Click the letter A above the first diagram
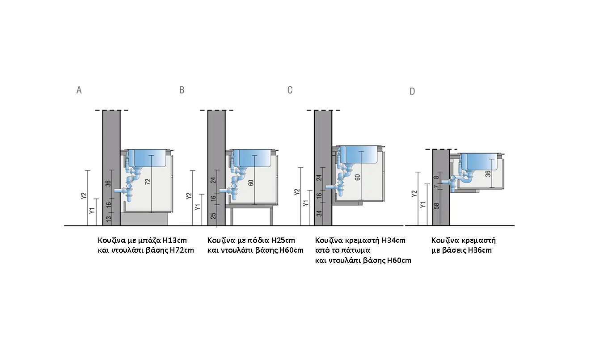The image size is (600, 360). tap(79, 90)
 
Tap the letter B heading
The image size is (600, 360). tap(182, 90)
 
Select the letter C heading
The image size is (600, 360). tap(290, 90)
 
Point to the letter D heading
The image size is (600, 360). tap(413, 91)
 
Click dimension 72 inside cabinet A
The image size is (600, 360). tap(148, 182)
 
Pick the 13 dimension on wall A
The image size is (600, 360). tap(109, 219)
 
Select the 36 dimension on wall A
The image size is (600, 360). tap(108, 183)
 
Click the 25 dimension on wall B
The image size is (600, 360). tap(213, 216)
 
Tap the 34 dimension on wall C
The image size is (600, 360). tap(319, 213)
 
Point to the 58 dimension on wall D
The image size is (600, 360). tap(437, 206)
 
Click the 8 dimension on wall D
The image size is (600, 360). tap(436, 178)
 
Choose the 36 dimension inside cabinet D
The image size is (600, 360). tap(488, 174)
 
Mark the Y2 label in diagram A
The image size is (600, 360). tap(84, 196)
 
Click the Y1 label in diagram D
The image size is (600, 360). tap(423, 205)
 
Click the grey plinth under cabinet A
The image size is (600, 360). tap(144, 220)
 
